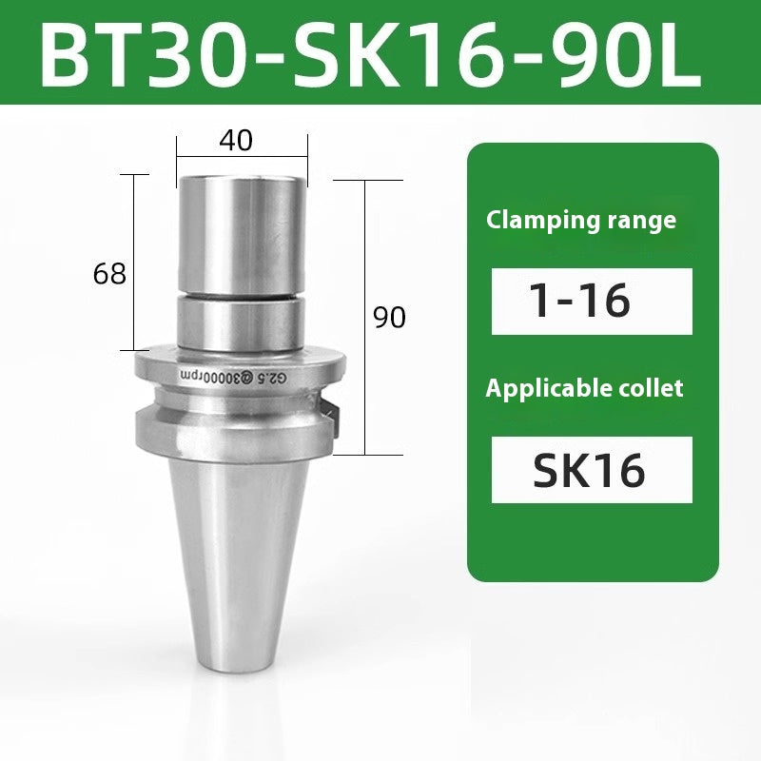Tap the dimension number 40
pos(236,141)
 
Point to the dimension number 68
pos(110,275)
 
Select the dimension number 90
pos(388,318)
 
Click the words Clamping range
pos(581,221)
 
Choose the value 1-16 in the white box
pos(581,301)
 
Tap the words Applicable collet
pos(584,388)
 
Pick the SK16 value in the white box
pos(590,470)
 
